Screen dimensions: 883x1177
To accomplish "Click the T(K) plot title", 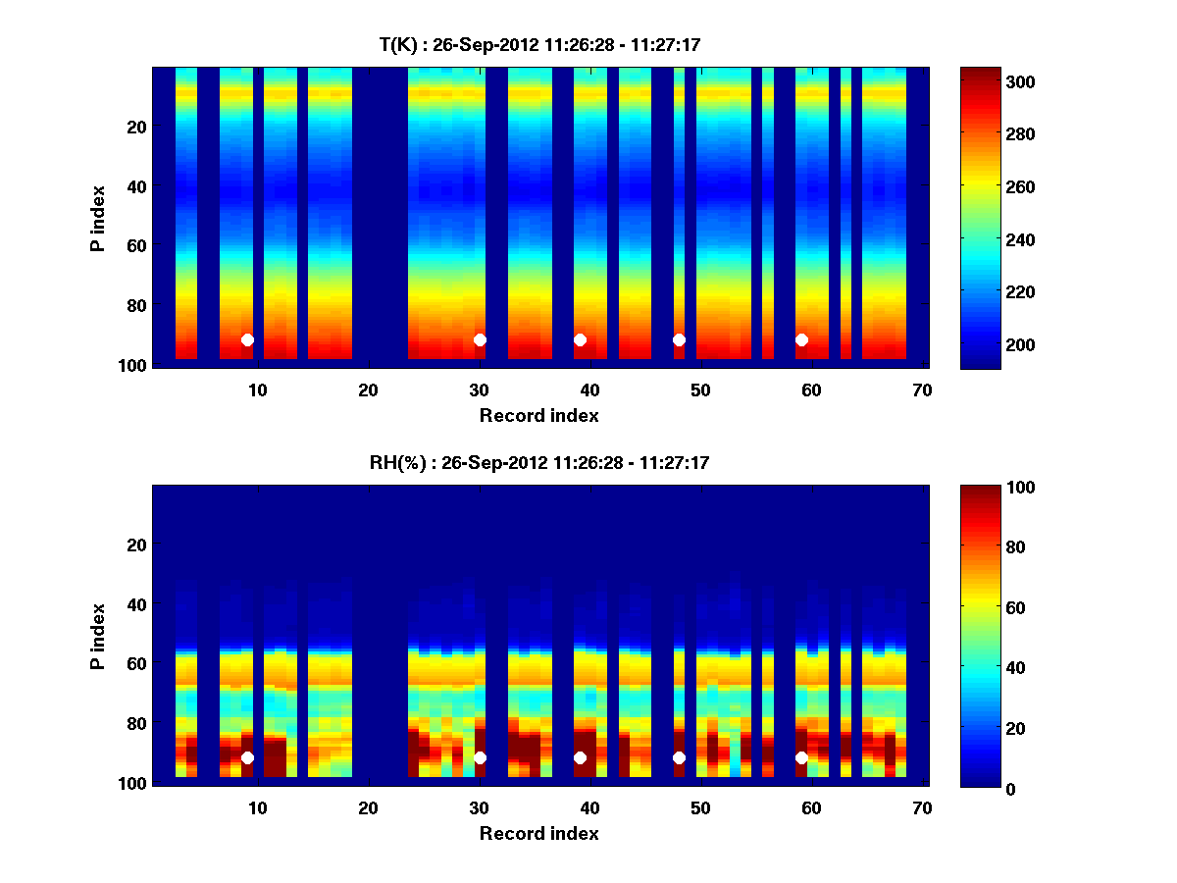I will pyautogui.click(x=539, y=44).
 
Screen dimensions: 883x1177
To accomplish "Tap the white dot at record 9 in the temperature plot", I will pyautogui.click(x=247, y=339).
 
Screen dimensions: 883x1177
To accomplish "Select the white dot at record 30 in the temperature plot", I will pyautogui.click(x=480, y=339).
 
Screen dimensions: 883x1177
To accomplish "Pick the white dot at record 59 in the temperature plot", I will pyautogui.click(x=801, y=339).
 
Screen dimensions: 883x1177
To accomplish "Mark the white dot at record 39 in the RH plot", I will pyautogui.click(x=580, y=757).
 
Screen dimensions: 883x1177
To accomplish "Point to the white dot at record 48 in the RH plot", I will pyautogui.click(x=679, y=757).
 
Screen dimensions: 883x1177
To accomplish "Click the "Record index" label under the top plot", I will pyautogui.click(x=538, y=415).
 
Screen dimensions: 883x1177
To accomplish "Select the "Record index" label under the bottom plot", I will pyautogui.click(x=538, y=833).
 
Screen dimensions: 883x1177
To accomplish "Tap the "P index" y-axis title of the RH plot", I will pyautogui.click(x=98, y=635).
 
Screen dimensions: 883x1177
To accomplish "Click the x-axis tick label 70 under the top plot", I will pyautogui.click(x=921, y=390).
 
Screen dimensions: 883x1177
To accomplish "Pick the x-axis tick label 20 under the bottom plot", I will pyautogui.click(x=368, y=807).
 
